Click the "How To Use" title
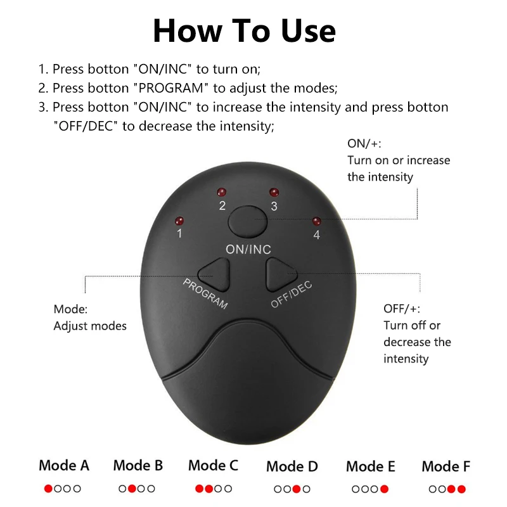click(244, 30)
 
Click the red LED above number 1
click(179, 221)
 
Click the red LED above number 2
click(221, 192)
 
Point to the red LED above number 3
click(274, 191)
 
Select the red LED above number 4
click(316, 221)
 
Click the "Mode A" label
click(64, 466)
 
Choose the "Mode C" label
click(213, 466)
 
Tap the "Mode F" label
click(446, 467)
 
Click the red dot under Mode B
click(132, 489)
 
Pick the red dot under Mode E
click(385, 489)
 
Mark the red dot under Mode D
click(297, 489)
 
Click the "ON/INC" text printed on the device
click(248, 250)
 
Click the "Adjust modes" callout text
click(90, 326)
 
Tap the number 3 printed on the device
click(274, 206)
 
